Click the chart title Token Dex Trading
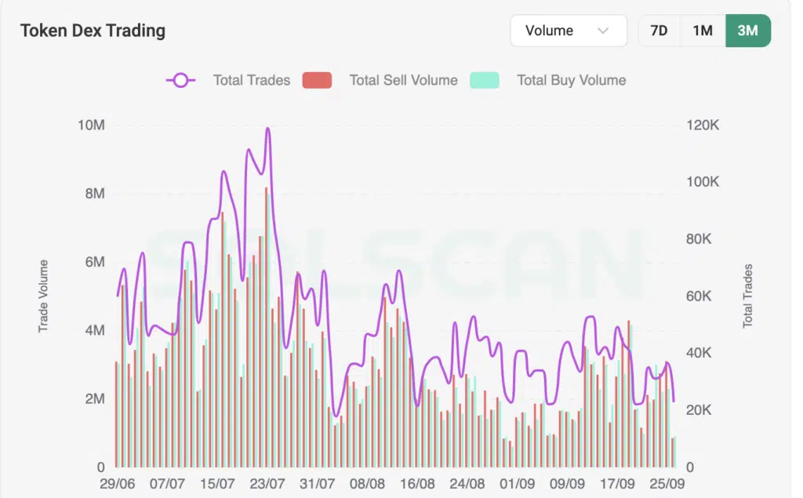[93, 31]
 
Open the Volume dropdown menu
[568, 31]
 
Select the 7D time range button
[659, 31]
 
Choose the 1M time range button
[703, 31]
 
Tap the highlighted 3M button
[747, 31]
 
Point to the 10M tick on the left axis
[91, 125]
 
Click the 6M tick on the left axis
[94, 262]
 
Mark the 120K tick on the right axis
[703, 125]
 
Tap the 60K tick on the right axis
[703, 296]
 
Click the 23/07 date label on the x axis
[268, 485]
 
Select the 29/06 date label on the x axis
[118, 485]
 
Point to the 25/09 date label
[668, 485]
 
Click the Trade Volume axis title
[44, 296]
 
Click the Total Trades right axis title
[747, 296]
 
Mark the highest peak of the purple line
[268, 128]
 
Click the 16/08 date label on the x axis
[418, 485]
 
